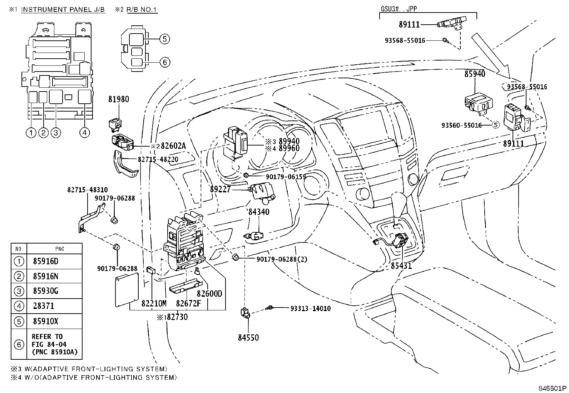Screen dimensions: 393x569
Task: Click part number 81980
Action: (119, 99)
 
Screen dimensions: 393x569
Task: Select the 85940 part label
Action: (475, 74)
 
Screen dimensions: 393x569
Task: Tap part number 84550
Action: (248, 338)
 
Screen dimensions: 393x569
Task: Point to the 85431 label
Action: (401, 266)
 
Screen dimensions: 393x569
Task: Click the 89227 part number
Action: (220, 190)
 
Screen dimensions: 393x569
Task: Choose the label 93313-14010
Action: (310, 308)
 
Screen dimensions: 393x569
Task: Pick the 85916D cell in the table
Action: (45, 261)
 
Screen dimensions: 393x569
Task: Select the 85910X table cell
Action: (45, 321)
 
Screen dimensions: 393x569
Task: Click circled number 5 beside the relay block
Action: (164, 39)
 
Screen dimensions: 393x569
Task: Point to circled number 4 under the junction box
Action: (84, 133)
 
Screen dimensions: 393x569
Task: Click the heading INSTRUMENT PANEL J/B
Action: (63, 10)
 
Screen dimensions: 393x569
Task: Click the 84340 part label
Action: (259, 212)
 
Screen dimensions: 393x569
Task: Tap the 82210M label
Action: (154, 303)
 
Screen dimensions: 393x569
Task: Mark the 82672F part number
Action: (188, 303)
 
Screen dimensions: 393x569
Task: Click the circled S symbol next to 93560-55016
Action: (496, 125)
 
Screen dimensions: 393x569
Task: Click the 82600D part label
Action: (209, 294)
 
